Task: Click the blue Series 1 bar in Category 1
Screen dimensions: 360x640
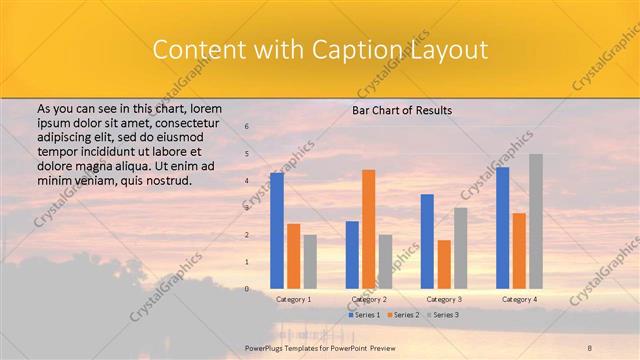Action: click(x=277, y=231)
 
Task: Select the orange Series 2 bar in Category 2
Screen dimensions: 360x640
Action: click(x=369, y=229)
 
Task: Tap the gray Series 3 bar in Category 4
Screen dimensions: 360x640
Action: click(x=536, y=221)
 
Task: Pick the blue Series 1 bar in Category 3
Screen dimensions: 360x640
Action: click(x=427, y=241)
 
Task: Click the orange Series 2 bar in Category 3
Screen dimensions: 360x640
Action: click(x=444, y=264)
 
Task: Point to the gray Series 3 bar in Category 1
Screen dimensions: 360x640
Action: click(x=310, y=262)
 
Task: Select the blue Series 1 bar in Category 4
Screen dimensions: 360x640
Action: click(x=502, y=228)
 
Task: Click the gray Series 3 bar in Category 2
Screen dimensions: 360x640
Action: click(x=386, y=262)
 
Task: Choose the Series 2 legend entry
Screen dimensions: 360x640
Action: click(x=403, y=315)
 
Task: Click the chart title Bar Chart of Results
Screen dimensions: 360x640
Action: click(x=402, y=110)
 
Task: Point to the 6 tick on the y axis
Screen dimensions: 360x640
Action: click(x=247, y=126)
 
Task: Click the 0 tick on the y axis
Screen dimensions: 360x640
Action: click(x=247, y=289)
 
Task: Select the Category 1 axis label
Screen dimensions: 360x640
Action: click(x=293, y=299)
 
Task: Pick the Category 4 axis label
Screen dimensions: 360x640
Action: click(x=519, y=299)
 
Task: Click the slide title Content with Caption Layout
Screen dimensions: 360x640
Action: click(x=319, y=49)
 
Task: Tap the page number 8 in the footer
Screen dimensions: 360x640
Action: click(x=590, y=347)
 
